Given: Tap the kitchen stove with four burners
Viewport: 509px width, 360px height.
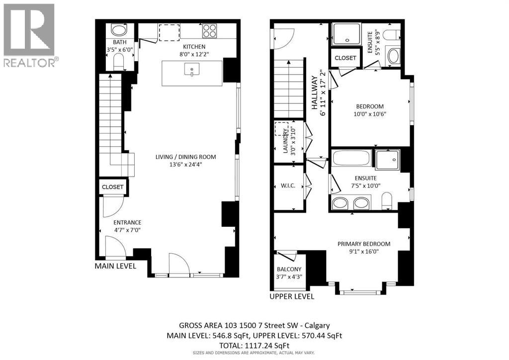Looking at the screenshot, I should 209,31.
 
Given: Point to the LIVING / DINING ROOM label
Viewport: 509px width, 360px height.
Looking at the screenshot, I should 185,157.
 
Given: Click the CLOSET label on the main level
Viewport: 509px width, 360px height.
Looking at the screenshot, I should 112,187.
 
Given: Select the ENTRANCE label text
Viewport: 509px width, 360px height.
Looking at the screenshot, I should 127,222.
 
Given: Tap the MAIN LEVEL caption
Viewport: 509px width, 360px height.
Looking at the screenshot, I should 115,267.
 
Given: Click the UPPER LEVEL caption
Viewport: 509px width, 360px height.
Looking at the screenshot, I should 292,296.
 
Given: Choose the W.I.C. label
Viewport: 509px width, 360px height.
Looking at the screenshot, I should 288,186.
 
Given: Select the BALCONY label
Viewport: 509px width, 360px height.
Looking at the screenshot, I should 288,269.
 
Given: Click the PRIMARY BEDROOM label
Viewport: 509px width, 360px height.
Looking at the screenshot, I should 363,244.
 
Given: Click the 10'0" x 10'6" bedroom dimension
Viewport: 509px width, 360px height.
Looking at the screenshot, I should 370,113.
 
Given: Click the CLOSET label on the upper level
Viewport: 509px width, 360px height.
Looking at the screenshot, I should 345,58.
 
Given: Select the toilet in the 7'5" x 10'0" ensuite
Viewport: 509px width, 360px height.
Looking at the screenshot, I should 387,201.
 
